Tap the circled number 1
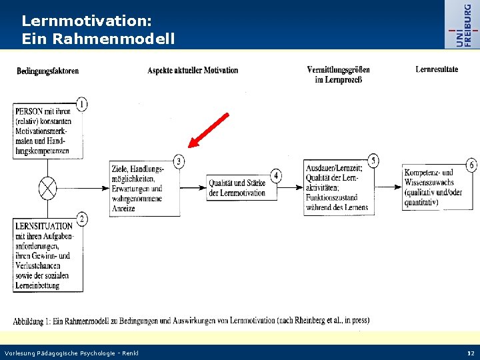tap(81, 104)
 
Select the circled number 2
tap(81, 219)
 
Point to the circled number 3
tap(179, 161)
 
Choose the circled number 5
tap(373, 161)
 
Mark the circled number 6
tap(471, 165)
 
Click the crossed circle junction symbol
tap(48, 188)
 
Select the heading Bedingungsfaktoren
tap(47, 71)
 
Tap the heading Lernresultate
tap(437, 69)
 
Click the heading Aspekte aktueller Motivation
tap(193, 70)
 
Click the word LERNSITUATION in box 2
tap(44, 226)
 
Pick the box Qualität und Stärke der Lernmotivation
tap(237, 188)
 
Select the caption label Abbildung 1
tap(38, 321)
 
